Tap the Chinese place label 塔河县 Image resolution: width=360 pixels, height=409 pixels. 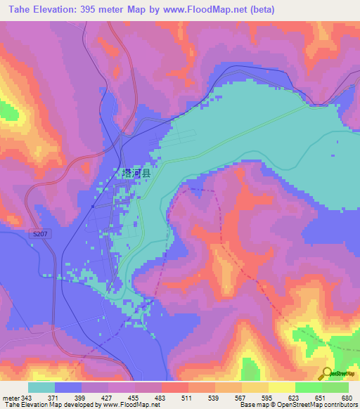(x=136, y=172)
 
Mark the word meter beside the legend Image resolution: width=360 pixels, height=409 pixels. (x=11, y=397)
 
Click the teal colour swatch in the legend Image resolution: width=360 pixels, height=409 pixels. (x=41, y=387)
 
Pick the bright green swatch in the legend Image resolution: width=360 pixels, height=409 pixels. (x=308, y=387)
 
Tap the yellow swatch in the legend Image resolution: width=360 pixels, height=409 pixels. (x=281, y=387)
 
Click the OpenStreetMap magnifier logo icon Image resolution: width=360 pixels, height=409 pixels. (x=327, y=374)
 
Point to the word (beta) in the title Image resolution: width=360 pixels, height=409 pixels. (x=259, y=10)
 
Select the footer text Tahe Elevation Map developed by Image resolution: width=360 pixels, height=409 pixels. (x=53, y=405)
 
